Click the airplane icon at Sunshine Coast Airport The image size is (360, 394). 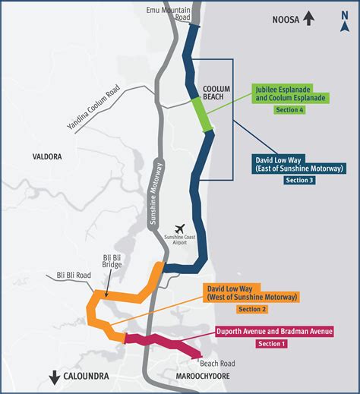click(x=180, y=229)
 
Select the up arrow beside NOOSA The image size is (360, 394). click(x=308, y=18)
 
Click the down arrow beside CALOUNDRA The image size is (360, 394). click(x=55, y=377)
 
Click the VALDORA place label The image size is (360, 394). click(x=46, y=156)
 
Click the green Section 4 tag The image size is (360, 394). click(x=289, y=111)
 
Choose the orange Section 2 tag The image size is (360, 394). click(x=252, y=310)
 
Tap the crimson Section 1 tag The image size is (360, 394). click(x=272, y=344)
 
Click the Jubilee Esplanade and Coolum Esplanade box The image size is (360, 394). click(x=289, y=94)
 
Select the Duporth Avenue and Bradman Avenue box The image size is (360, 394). click(x=275, y=332)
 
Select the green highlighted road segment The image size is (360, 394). click(x=199, y=114)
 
